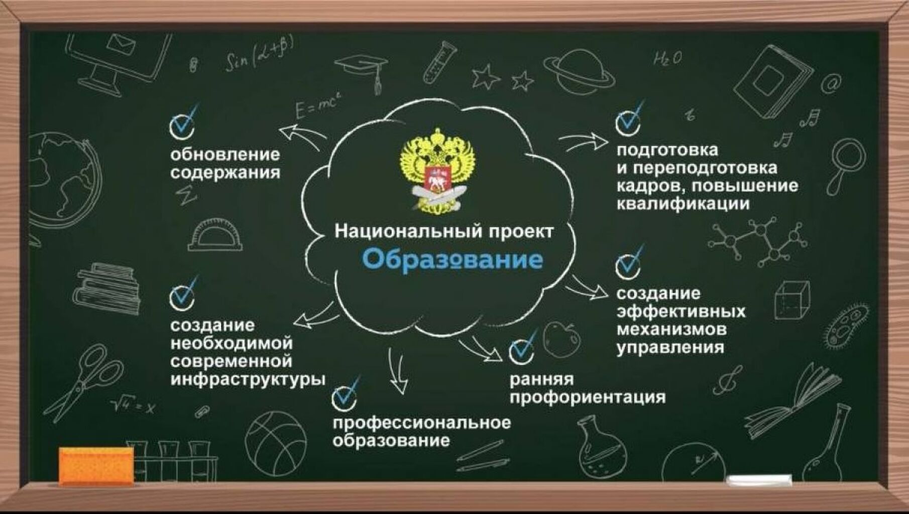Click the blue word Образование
[452, 260]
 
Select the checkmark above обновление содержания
[183, 121]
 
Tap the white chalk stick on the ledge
[759, 480]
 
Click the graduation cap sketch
[361, 70]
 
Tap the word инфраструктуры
[248, 379]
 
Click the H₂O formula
[668, 59]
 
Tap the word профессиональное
[421, 423]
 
